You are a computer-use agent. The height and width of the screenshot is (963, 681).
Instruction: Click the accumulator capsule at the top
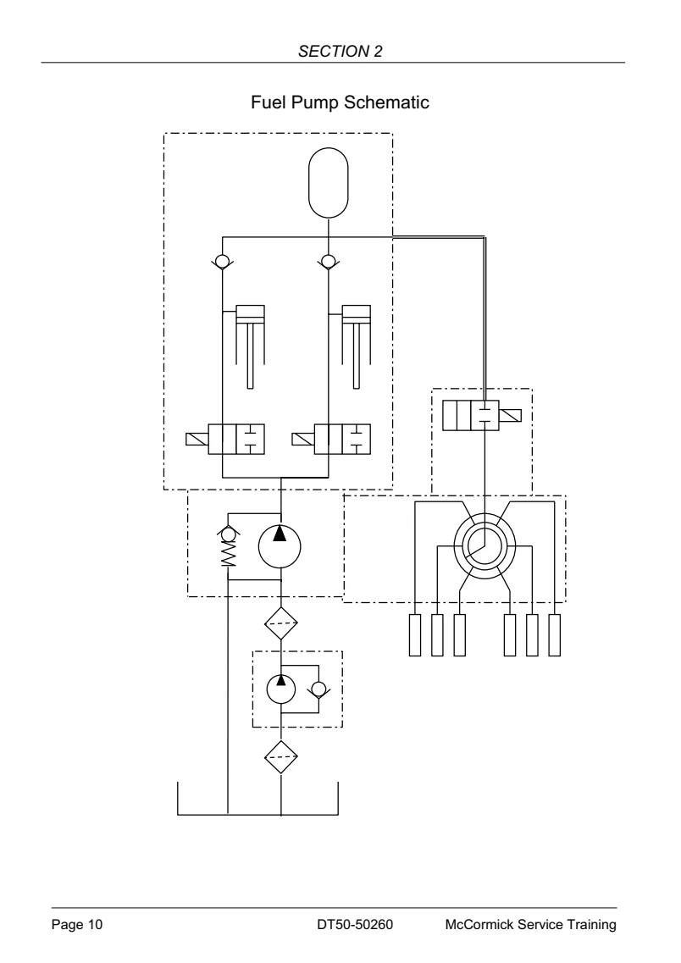point(329,183)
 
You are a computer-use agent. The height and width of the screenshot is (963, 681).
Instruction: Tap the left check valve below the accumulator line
point(222,263)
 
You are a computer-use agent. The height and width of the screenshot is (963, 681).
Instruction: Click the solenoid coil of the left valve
point(197,440)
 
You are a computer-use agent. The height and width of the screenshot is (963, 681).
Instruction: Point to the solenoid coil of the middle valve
point(303,440)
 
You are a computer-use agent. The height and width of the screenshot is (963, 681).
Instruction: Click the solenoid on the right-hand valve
point(510,415)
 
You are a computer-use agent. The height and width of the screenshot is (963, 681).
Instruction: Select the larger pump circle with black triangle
point(280,546)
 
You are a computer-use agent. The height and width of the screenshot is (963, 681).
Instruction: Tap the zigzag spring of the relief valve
point(229,554)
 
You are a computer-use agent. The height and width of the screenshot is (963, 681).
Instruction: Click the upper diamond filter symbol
point(281,623)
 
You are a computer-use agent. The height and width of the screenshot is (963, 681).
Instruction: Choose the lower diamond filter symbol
point(281,756)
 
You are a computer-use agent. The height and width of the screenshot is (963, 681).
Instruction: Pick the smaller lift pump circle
point(281,689)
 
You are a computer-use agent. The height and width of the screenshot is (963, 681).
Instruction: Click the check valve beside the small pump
point(318,689)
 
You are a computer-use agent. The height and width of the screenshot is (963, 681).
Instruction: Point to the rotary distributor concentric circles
point(484,545)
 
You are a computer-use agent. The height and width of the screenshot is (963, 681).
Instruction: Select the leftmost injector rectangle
point(415,635)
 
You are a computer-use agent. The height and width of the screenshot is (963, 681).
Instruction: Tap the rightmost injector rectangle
point(555,635)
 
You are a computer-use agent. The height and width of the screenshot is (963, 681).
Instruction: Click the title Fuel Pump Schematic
point(340,102)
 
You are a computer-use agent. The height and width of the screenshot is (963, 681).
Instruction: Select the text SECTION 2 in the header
point(340,51)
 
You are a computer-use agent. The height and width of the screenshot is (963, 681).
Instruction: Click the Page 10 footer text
point(77,924)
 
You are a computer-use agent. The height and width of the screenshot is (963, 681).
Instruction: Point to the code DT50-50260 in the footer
point(355,924)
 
